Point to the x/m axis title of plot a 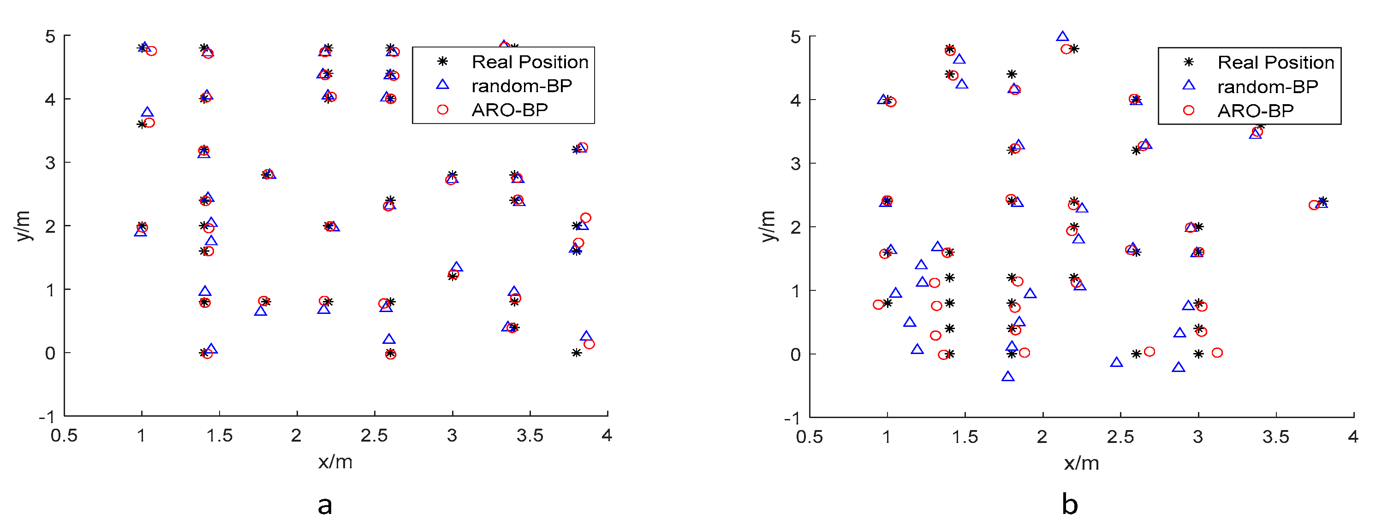click(x=335, y=461)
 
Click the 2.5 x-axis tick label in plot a click(x=374, y=436)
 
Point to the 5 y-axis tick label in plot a click(x=50, y=37)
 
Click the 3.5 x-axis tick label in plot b click(x=1275, y=437)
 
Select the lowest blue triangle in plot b click(x=1008, y=377)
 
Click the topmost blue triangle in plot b click(x=1062, y=37)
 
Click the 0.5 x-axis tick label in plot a click(x=64, y=436)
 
